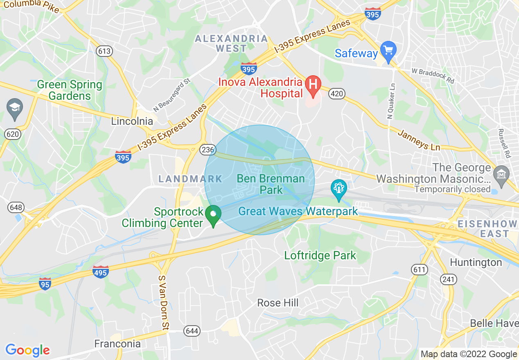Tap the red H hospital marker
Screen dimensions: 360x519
pos(313,85)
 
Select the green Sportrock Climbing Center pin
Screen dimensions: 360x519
pos(213,215)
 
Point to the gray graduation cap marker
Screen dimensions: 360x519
pos(15,109)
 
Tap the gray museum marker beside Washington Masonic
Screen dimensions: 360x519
pos(501,173)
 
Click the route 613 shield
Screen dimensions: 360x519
pos(104,51)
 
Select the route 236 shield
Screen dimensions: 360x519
pos(208,150)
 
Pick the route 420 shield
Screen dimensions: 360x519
pos(336,94)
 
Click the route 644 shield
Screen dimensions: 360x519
pos(192,330)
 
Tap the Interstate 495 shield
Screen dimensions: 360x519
pos(100,272)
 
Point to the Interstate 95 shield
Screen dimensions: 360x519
pos(45,283)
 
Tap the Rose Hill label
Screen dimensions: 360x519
pos(278,303)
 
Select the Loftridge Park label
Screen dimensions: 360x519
pos(320,256)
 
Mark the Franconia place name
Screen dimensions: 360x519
pos(117,344)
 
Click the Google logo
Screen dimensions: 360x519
pos(27,350)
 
